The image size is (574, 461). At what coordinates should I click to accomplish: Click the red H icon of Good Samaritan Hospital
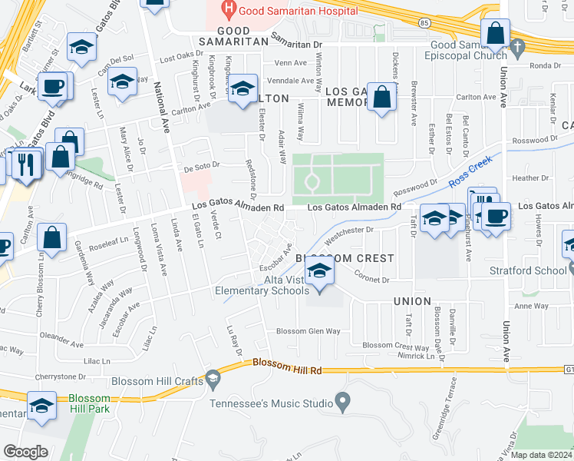click(227, 10)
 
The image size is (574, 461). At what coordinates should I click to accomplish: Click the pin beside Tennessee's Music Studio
click(343, 402)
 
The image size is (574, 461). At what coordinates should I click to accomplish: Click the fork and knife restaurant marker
click(27, 164)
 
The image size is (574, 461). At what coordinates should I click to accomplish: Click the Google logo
click(25, 452)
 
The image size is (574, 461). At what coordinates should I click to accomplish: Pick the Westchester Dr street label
click(365, 229)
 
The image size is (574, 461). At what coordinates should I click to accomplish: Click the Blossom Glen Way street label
click(308, 331)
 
